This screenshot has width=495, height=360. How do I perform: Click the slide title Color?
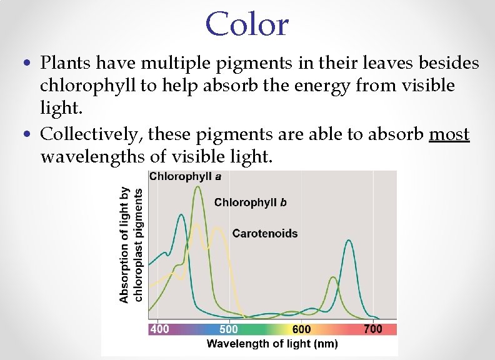click(x=247, y=24)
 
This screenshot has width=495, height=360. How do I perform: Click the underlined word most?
click(x=449, y=134)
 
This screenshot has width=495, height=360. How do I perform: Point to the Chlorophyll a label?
click(x=184, y=176)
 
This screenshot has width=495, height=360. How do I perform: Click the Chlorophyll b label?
click(x=251, y=202)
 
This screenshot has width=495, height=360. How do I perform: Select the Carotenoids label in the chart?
click(x=265, y=234)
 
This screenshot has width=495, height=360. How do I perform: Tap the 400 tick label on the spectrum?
click(x=160, y=329)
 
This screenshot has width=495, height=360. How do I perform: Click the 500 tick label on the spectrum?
click(x=229, y=329)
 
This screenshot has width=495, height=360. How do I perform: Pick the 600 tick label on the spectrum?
click(x=301, y=329)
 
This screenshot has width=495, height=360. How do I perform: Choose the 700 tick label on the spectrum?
click(x=373, y=329)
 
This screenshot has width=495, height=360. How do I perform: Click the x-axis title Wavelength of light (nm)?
click(x=272, y=344)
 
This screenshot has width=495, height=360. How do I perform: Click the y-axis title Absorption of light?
click(x=124, y=245)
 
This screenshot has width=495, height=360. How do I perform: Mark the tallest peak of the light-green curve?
click(x=198, y=187)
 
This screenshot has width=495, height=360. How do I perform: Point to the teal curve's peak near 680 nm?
click(x=349, y=241)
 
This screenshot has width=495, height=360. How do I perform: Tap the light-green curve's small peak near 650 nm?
click(x=333, y=277)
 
